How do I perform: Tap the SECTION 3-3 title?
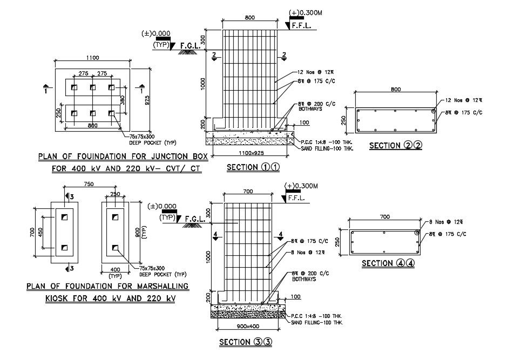[243, 342]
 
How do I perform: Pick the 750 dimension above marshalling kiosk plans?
[89, 185]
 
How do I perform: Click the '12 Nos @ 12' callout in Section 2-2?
[463, 101]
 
